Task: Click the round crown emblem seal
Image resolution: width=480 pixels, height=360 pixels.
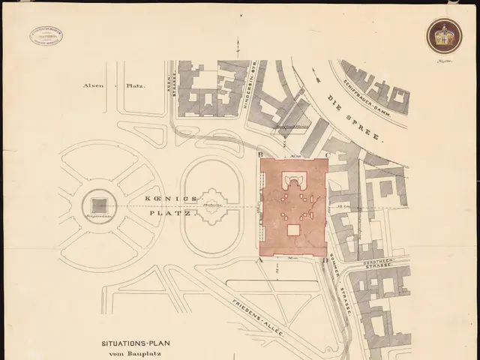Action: click(x=444, y=34)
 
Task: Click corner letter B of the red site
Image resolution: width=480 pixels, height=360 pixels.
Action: click(x=259, y=155)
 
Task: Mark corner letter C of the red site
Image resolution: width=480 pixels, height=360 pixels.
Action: click(x=328, y=155)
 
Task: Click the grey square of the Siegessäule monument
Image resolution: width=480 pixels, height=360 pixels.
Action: click(x=98, y=204)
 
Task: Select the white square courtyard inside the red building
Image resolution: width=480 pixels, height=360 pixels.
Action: click(x=293, y=230)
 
